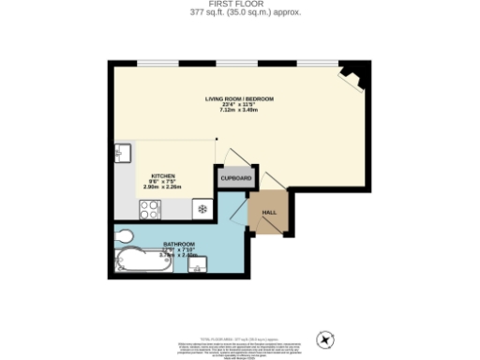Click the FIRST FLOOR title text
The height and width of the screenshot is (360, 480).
(240, 5)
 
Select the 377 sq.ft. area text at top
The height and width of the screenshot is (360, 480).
(240, 13)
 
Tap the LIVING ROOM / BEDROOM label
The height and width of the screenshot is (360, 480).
(239, 98)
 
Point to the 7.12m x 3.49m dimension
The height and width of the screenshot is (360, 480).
(239, 110)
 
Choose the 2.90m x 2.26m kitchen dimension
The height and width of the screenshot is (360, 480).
(162, 187)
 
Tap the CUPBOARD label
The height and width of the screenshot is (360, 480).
(234, 178)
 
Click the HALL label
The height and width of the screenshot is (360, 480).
(268, 212)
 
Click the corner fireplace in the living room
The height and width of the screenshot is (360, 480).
(352, 77)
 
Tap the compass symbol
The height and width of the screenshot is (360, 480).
(326, 337)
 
